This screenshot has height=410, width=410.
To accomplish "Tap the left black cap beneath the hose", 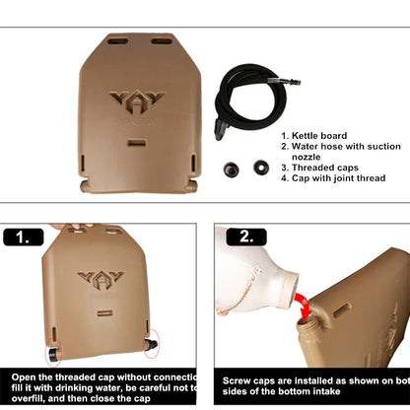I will pos(233,168).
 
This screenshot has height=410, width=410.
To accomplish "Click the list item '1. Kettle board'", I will pos(313,136).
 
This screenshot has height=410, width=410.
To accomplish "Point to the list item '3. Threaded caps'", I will pos(319,166).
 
